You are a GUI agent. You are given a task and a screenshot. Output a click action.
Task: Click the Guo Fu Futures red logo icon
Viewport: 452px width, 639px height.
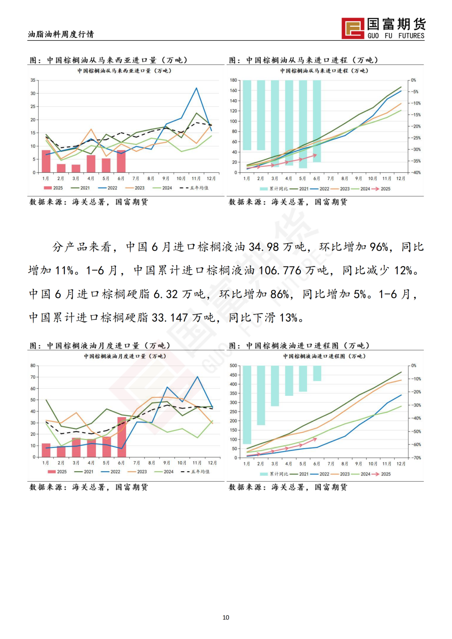(353, 28)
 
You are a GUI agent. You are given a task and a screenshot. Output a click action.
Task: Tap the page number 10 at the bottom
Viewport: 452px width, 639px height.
(226, 617)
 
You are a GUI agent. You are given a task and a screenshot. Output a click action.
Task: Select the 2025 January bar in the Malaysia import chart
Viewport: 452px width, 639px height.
(46, 161)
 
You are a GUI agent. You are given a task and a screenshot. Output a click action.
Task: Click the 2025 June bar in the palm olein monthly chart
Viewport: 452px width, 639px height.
(122, 437)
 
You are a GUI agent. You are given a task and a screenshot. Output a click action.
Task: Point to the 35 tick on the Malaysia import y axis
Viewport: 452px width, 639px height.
(33, 80)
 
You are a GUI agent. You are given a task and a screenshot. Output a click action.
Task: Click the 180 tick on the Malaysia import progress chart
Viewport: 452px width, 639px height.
(233, 80)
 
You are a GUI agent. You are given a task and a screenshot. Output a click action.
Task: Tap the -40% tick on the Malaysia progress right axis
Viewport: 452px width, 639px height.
(415, 172)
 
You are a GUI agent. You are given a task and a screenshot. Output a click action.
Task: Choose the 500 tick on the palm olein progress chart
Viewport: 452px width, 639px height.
(233, 366)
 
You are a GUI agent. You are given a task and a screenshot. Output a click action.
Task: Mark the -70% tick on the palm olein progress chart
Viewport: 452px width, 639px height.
(416, 458)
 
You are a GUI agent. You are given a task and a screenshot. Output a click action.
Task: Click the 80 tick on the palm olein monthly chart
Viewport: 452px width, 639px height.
(33, 366)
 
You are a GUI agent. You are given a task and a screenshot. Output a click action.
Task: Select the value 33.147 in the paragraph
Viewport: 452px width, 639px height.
(169, 318)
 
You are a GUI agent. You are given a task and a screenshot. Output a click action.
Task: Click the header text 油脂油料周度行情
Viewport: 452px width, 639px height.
(61, 34)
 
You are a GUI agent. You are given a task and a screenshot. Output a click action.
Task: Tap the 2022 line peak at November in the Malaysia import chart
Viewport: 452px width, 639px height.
(196, 88)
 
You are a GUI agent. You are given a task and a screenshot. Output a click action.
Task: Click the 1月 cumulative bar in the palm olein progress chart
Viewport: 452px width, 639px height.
(247, 405)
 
